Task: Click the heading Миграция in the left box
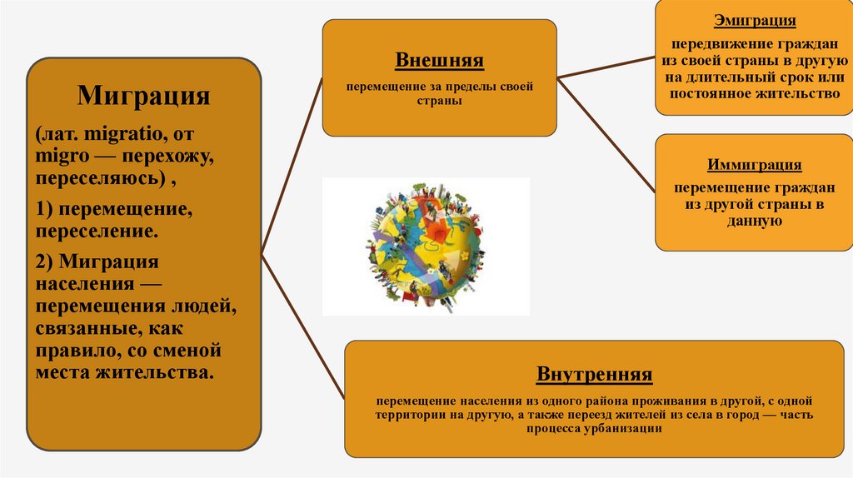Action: point(143,95)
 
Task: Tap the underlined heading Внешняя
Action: point(439,61)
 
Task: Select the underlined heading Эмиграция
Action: point(755,21)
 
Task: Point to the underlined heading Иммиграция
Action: point(755,164)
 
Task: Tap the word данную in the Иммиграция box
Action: point(754,222)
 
